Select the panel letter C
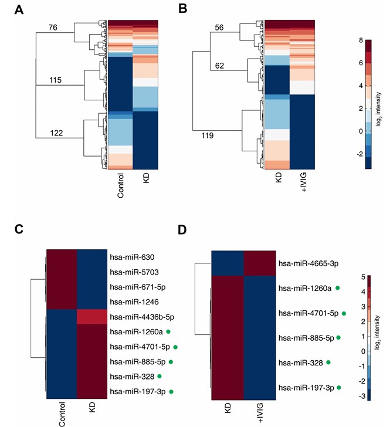coord(18,230)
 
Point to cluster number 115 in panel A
coord(56,80)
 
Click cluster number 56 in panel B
coord(219,28)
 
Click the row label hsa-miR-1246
coord(131,301)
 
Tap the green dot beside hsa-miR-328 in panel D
coord(328,364)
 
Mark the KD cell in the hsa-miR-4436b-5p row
coord(91,317)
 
